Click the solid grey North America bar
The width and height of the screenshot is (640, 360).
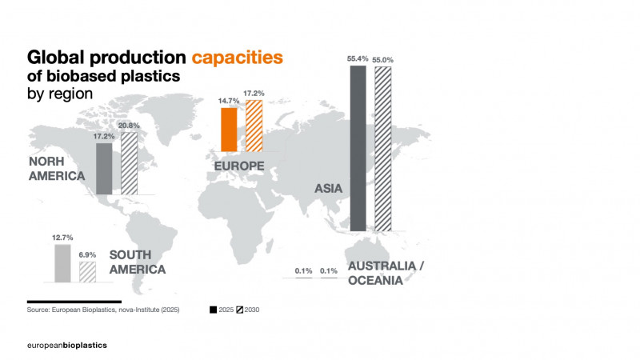point(103,169)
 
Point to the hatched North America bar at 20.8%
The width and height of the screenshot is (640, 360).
point(128,164)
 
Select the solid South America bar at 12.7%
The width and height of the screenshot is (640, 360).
point(62,263)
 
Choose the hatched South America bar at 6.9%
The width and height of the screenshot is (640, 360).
point(87,272)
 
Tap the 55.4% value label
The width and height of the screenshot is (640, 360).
point(358,59)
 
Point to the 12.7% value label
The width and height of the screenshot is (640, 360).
point(62,238)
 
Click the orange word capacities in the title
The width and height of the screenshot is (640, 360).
point(237,58)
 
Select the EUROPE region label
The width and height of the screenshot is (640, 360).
point(240,166)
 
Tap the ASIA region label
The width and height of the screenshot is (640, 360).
point(328,189)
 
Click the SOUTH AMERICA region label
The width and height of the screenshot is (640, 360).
point(137,262)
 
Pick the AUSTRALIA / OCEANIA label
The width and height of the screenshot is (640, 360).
point(386,273)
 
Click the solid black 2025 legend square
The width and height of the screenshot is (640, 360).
point(214,309)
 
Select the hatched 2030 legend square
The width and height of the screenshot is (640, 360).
point(238,309)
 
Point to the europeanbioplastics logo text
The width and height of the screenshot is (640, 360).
point(67,344)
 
